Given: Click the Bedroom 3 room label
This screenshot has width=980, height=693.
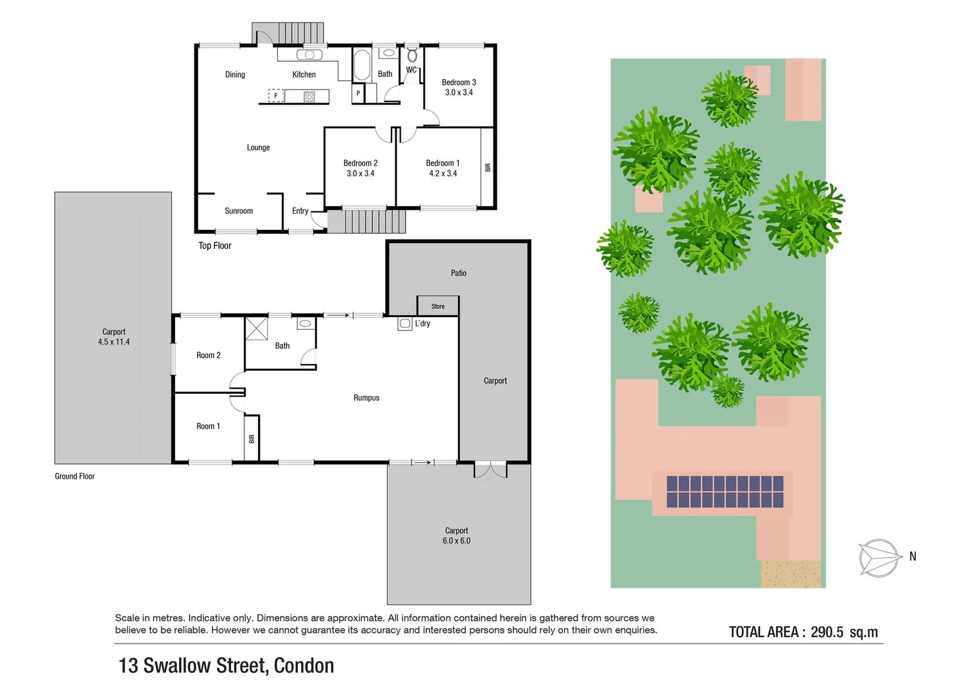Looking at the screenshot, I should click(x=458, y=83).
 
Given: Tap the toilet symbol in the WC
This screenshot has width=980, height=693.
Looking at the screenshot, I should click(x=412, y=55).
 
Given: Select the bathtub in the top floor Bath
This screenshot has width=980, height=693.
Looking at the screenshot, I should click(x=362, y=65).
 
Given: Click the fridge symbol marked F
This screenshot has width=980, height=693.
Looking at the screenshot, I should click(x=276, y=96).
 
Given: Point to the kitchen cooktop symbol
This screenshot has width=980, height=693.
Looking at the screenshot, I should click(x=309, y=97).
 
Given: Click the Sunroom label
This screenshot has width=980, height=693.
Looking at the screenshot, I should click(x=239, y=211).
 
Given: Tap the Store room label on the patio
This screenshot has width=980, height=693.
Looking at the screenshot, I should click(x=438, y=306).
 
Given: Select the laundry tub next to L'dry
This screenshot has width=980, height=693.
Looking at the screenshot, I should click(x=405, y=324).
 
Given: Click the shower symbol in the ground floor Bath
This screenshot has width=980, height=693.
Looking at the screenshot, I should click(x=257, y=328).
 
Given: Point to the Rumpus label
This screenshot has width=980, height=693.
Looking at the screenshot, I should click(x=366, y=398).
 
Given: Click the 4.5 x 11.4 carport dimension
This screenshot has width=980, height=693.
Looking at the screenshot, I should click(x=114, y=342).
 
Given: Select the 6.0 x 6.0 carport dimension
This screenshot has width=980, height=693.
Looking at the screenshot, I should click(x=456, y=541).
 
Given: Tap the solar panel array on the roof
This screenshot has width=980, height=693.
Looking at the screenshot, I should click(x=725, y=492).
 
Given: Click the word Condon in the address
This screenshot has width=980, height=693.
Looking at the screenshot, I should click(x=304, y=666).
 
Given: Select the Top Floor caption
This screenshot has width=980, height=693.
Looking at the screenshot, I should click(x=214, y=246).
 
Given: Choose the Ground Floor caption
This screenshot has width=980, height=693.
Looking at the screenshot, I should click(x=74, y=476).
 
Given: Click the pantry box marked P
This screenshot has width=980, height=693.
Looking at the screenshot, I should click(x=358, y=94).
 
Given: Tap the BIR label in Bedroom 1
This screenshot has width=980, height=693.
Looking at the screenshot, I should click(x=488, y=167).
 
